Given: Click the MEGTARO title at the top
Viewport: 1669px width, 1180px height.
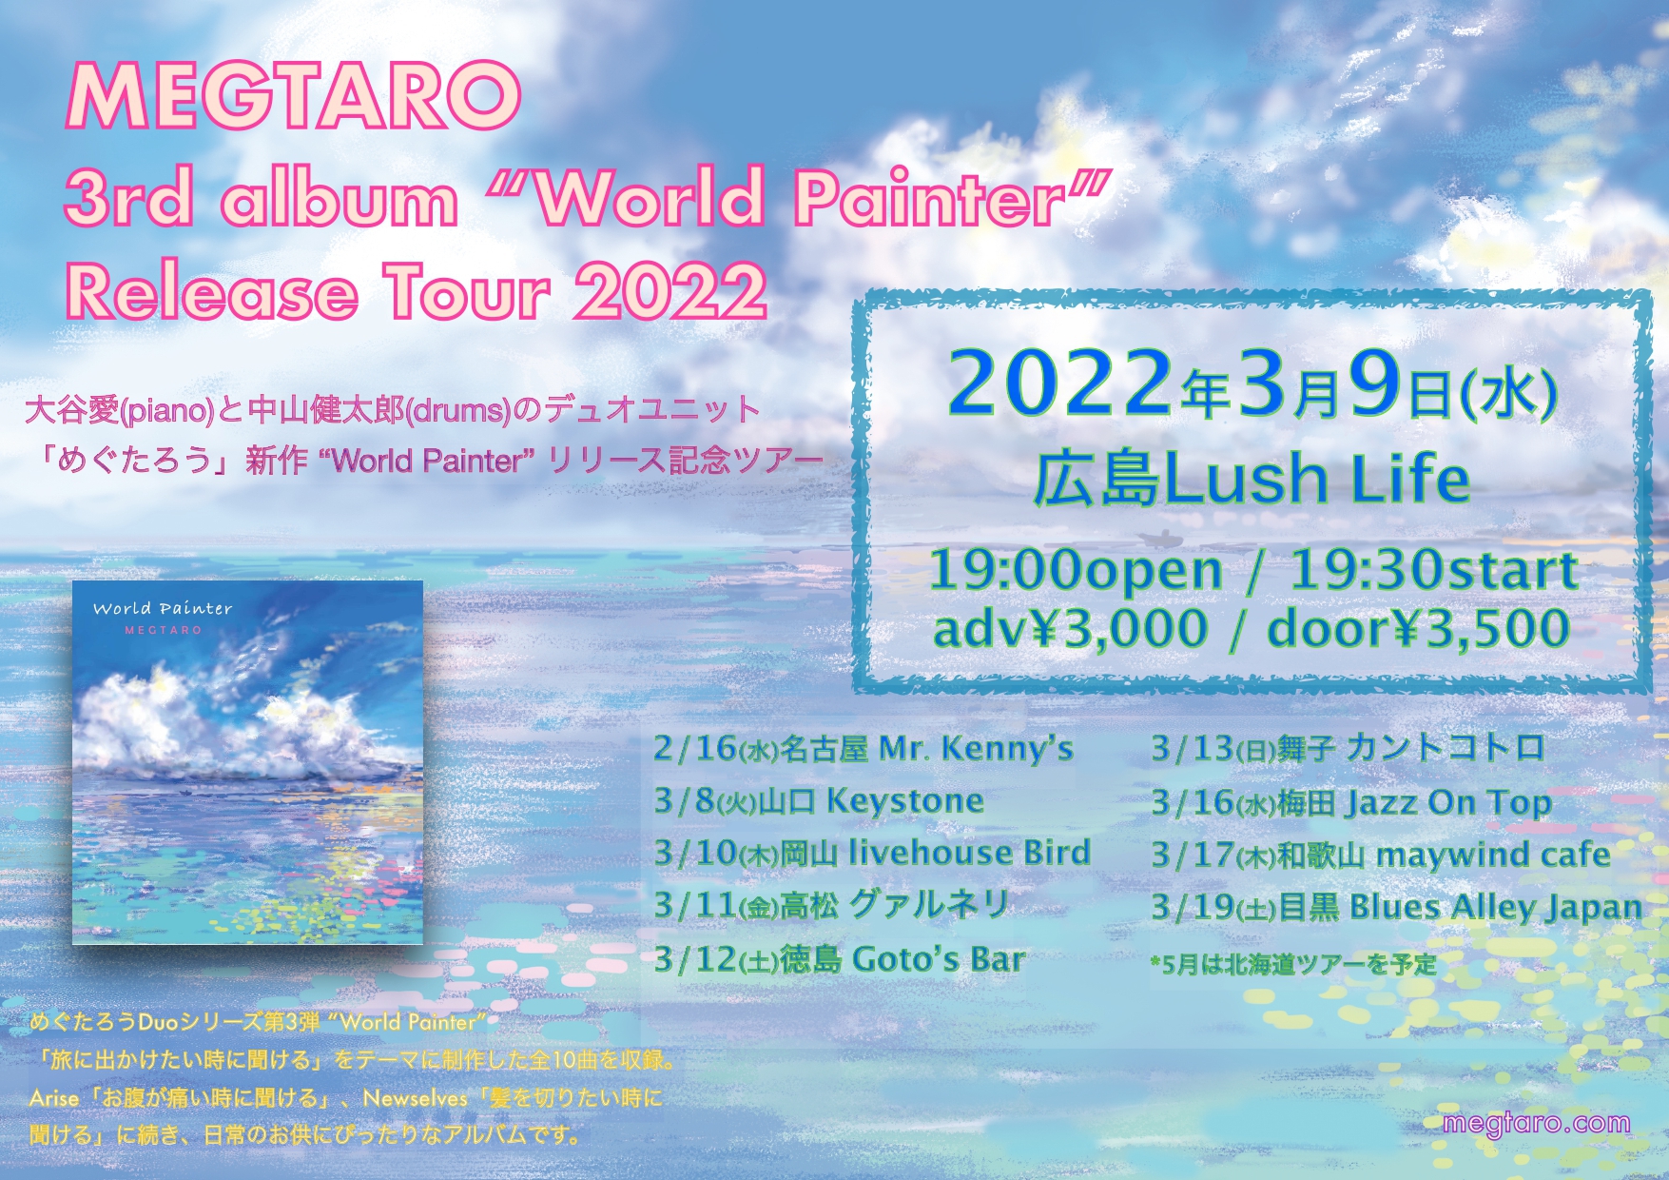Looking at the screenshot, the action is (294, 96).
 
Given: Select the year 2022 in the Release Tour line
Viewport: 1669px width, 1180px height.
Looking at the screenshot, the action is (670, 291).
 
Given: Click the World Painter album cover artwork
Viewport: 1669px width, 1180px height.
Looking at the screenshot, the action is (247, 762).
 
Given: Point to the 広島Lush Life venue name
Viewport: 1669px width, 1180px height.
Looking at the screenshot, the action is (1252, 479).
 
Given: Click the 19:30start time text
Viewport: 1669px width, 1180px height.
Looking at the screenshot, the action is (1433, 570).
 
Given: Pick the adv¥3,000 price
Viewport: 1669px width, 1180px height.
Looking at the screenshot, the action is (1070, 629).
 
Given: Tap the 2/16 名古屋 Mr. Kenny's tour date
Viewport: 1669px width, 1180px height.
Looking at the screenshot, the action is (864, 748).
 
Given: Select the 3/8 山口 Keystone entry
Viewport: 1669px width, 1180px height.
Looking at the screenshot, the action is (819, 800).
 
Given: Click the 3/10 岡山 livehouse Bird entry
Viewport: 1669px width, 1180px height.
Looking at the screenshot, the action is (872, 853).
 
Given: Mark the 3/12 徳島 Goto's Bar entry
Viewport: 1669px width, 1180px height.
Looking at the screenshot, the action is (840, 958).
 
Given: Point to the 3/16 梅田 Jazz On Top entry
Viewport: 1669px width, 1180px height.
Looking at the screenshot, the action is (1351, 803).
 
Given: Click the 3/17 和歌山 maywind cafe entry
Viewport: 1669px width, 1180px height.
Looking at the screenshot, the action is (1381, 855).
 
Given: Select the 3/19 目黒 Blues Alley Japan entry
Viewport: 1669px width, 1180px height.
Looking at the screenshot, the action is (1397, 907).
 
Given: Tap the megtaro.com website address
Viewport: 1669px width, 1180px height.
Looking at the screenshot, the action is (1536, 1123).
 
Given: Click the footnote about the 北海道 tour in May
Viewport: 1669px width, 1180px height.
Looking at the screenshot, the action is (1293, 965).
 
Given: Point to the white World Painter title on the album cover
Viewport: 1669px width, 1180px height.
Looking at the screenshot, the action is (163, 608).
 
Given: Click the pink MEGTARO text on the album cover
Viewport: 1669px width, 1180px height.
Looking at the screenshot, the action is (164, 630).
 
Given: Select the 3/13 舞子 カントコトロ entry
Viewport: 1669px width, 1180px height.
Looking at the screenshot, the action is (1348, 748).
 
